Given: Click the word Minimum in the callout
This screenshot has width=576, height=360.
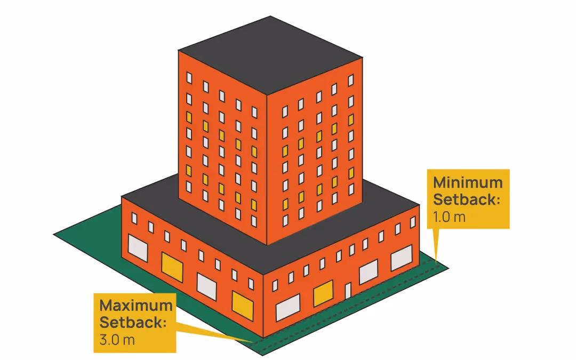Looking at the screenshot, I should tap(467, 183).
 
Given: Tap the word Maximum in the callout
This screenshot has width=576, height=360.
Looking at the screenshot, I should tap(135, 306).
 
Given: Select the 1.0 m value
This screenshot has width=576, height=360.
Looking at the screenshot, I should tap(449, 218).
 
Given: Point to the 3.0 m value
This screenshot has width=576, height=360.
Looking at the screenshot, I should tap(117, 340).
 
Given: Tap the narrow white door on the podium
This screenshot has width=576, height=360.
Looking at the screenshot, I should tap(348, 292).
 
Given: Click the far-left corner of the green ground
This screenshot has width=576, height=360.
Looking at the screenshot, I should tap(54, 234).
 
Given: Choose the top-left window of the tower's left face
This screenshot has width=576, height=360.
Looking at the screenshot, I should tap(189, 77).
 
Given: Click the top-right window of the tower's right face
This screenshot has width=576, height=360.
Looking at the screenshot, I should tap(351, 80).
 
